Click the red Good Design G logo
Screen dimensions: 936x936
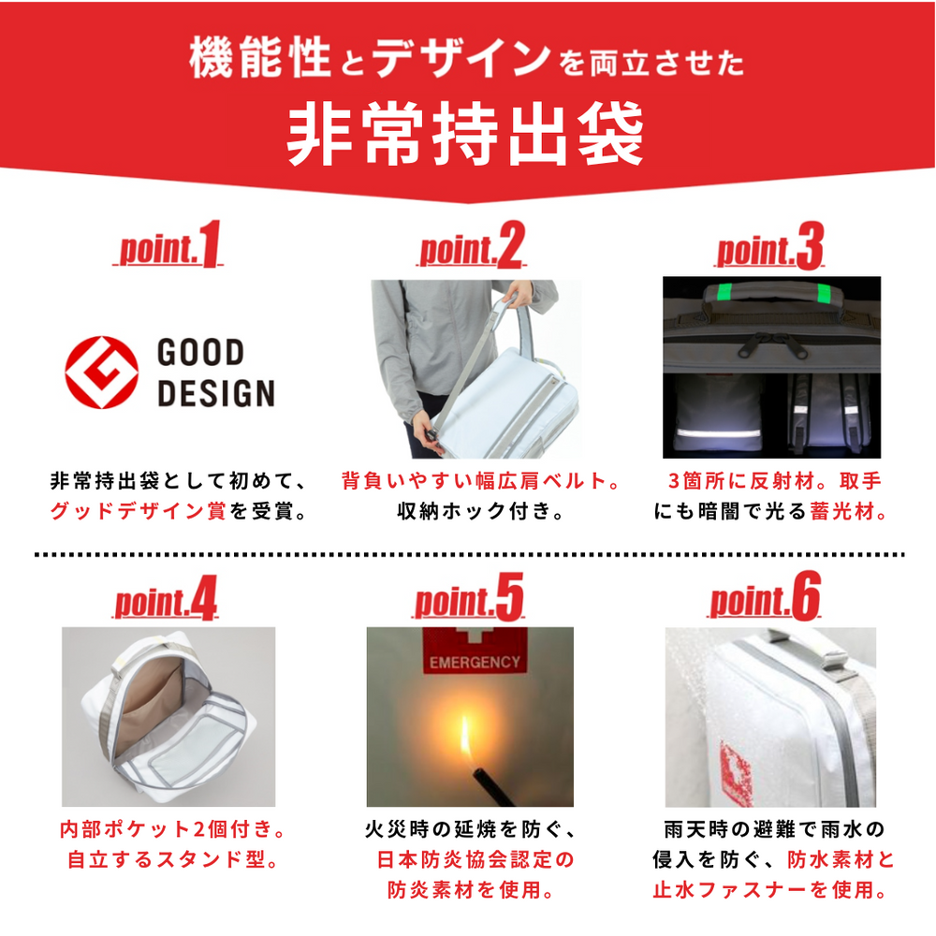point(101,372)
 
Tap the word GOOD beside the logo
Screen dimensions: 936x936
point(200,352)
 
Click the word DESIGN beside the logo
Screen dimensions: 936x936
point(216,393)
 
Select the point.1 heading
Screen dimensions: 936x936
point(168,244)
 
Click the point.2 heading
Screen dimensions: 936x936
point(472,244)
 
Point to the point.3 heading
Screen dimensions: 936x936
point(769,245)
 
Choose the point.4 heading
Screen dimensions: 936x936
point(166,597)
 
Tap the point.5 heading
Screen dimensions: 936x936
point(469,597)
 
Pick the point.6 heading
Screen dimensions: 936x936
point(765,596)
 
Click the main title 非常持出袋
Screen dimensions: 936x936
point(465,134)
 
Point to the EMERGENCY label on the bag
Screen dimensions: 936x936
point(475,662)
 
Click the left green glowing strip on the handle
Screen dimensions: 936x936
point(724,292)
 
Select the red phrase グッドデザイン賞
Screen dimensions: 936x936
point(138,512)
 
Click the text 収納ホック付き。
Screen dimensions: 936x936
point(480,512)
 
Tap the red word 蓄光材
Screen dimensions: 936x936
point(842,512)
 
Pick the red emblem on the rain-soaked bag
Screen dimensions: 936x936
point(736,772)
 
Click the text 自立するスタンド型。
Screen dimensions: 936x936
point(172,859)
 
